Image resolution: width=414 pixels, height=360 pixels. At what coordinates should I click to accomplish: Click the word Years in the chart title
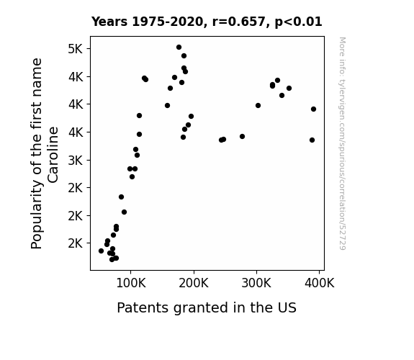[x=109, y=22]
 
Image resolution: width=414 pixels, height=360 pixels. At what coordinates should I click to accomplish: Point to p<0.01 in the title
[x=298, y=22]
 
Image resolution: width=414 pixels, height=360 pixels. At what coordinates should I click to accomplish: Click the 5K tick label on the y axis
[x=76, y=49]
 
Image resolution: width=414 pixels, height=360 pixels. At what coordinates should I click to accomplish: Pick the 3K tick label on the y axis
[x=76, y=161]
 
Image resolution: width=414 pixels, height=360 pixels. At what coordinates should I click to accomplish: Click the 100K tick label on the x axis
[x=131, y=283]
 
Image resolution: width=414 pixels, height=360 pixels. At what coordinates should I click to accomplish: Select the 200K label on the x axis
[x=194, y=283]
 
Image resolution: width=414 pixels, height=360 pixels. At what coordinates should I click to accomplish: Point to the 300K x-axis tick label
[x=256, y=283]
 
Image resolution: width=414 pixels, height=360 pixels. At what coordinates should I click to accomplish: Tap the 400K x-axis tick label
[x=320, y=283]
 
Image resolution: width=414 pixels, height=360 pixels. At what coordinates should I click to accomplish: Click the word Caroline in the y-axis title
[x=53, y=155]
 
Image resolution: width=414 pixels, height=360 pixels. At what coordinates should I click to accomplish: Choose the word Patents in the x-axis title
[x=143, y=307]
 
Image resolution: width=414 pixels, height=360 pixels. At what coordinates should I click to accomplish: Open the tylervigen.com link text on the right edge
[x=342, y=143]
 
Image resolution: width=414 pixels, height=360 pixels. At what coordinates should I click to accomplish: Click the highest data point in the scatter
[x=179, y=48]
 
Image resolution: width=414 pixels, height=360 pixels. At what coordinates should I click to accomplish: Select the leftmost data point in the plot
[x=101, y=251]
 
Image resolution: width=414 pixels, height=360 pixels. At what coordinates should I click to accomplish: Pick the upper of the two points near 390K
[x=313, y=109]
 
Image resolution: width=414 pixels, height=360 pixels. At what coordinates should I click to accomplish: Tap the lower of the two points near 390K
[x=312, y=140]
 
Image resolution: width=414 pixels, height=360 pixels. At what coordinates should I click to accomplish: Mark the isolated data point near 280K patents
[x=242, y=136]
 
